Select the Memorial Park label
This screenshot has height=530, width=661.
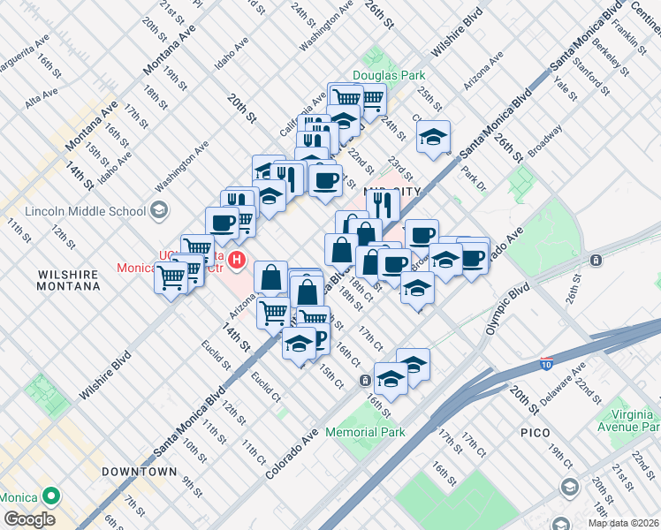tap(365, 432)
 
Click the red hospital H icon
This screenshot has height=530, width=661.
tap(236, 260)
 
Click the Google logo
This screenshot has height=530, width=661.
tap(28, 519)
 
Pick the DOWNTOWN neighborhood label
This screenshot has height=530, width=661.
tap(139, 472)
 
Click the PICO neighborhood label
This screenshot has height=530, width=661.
tap(536, 433)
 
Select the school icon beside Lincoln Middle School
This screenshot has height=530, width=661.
tap(158, 210)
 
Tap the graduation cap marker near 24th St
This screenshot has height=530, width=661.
tap(433, 137)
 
